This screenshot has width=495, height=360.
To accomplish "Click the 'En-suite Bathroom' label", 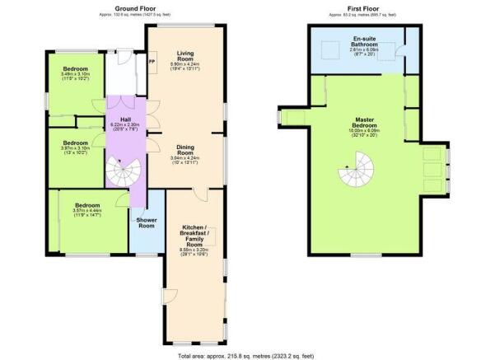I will point(363,41).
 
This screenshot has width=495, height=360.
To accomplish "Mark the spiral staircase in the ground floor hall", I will point(123,171).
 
